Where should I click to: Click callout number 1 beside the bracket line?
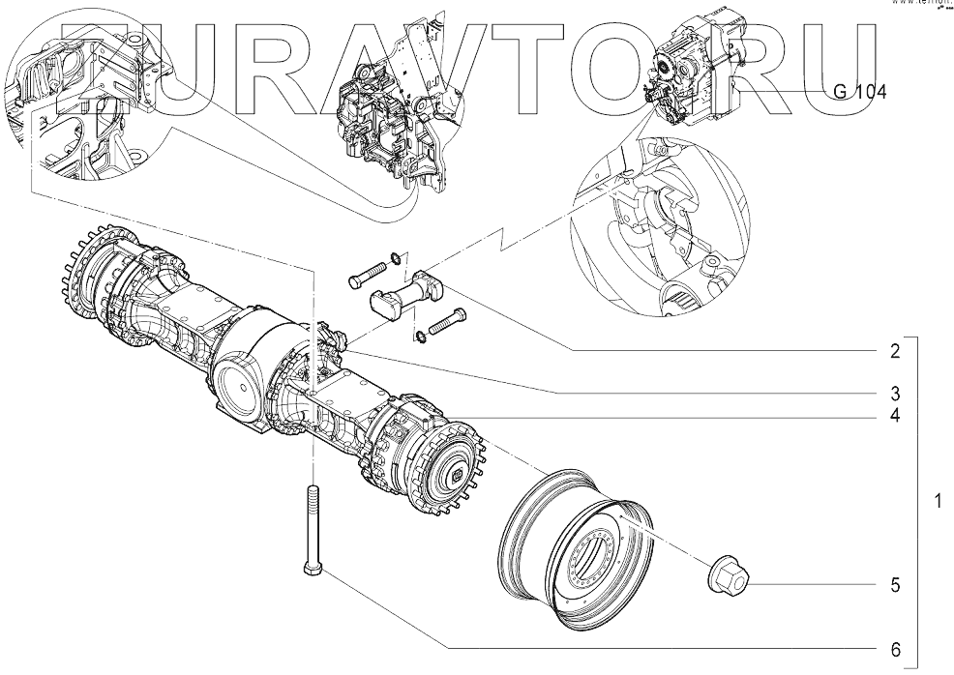tap(937, 502)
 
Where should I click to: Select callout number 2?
tap(896, 350)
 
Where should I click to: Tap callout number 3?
tap(896, 394)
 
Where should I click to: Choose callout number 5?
tap(896, 585)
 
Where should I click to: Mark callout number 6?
tap(896, 647)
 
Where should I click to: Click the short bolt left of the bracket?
tap(366, 279)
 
